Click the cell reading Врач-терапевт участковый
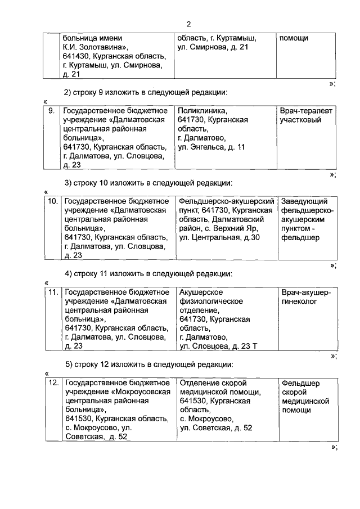(306, 115)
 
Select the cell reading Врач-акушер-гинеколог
(306, 296)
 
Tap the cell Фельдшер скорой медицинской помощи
(305, 397)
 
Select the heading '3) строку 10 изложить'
(148, 183)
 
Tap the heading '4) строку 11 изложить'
(148, 274)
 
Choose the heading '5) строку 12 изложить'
(148, 364)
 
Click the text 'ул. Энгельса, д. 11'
(211, 147)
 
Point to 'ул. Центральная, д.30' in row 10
(219, 237)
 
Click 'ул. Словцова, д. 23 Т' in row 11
(217, 346)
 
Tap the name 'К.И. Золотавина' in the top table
(98, 47)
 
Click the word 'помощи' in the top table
(294, 38)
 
